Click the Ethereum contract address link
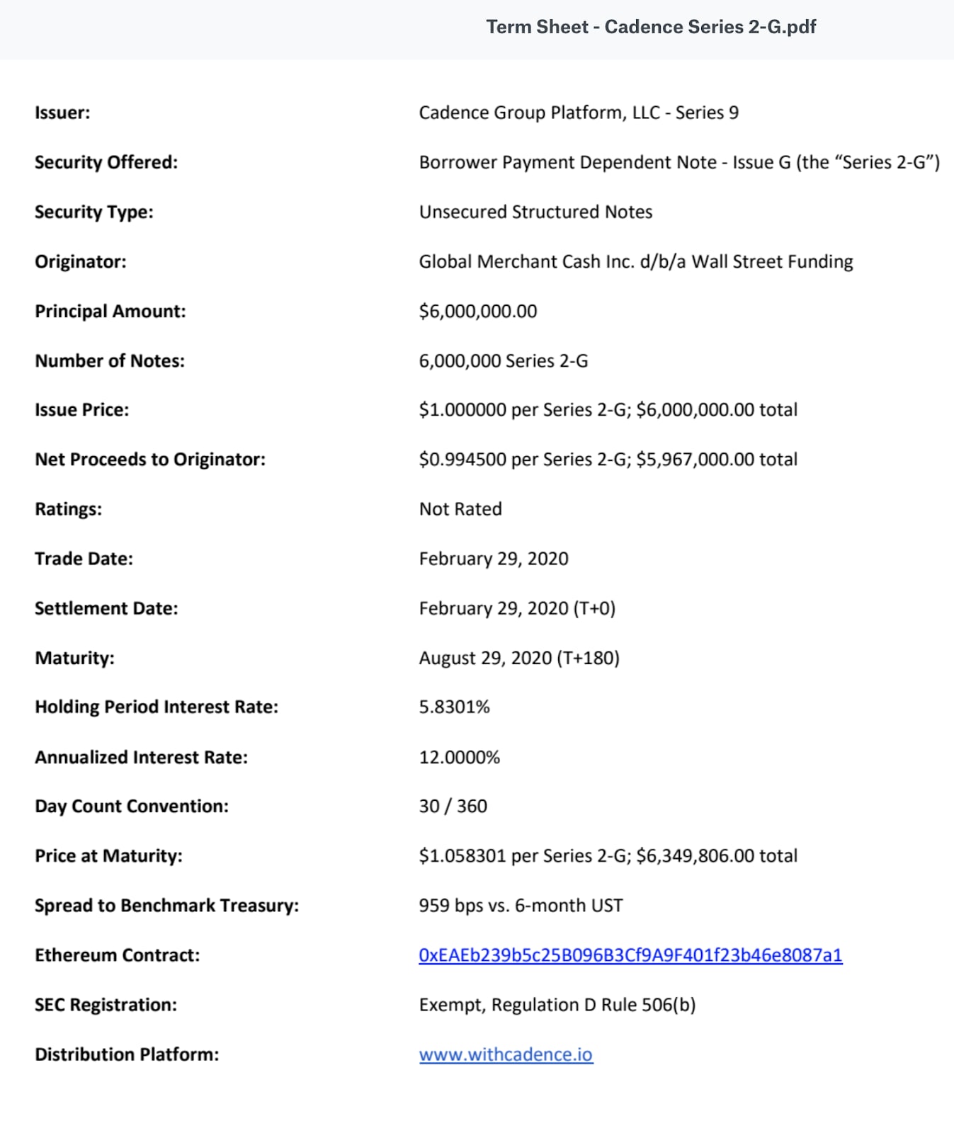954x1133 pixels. [630, 955]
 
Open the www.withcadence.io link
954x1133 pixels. [506, 1054]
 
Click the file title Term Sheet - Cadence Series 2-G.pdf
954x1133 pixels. [651, 27]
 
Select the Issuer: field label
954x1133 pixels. [62, 113]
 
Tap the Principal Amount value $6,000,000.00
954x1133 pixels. [478, 311]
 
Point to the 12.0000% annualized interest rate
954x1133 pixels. [459, 757]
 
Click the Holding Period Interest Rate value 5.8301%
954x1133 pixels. [454, 707]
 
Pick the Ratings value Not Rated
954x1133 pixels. [460, 509]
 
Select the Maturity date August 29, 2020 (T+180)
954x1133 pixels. [519, 658]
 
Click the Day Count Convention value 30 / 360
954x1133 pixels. [453, 806]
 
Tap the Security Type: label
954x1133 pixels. [94, 212]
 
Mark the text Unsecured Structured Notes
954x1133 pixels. [535, 212]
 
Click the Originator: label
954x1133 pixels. [81, 261]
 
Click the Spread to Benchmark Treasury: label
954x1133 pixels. [166, 905]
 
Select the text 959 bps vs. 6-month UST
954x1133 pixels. [521, 905]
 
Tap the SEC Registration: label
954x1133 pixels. [106, 1005]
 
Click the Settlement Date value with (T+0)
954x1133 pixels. [517, 608]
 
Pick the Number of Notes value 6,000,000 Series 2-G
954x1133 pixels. [504, 360]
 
